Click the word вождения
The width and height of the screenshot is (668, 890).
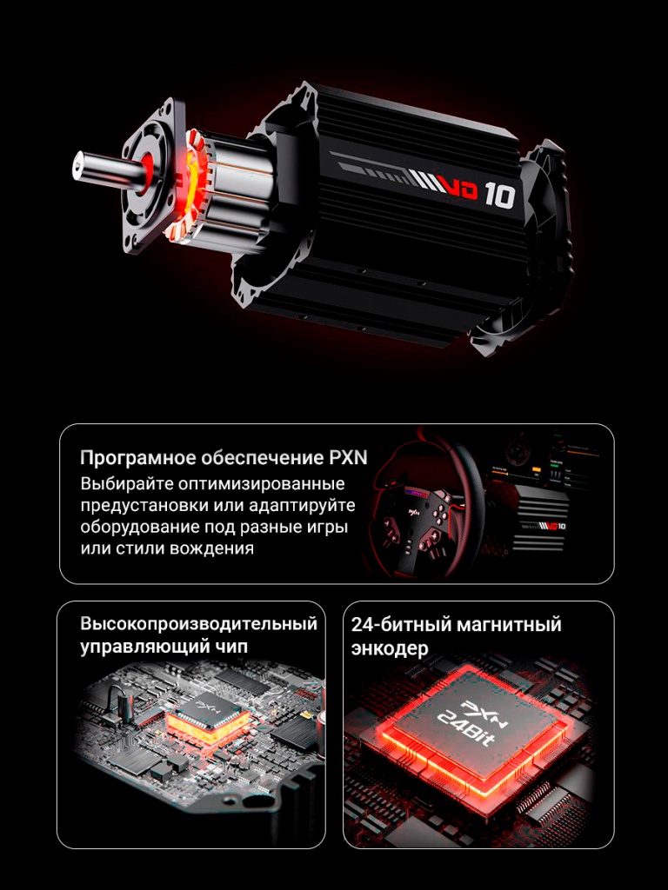pyautogui.click(x=214, y=548)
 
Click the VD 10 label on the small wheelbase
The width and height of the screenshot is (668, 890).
pyautogui.click(x=554, y=526)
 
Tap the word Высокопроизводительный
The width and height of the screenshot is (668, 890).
pyautogui.click(x=198, y=624)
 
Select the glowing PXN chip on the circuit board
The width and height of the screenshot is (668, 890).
pyautogui.click(x=205, y=716)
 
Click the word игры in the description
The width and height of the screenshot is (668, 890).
pyautogui.click(x=327, y=528)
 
